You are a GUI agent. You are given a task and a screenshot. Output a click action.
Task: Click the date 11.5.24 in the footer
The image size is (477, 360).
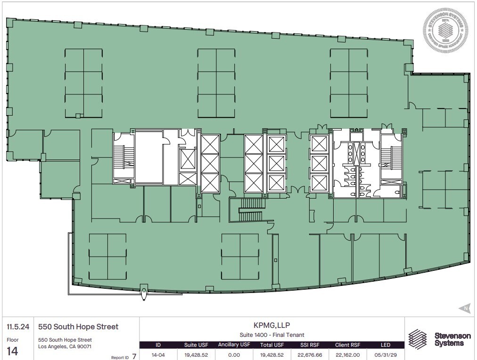pyautogui.click(x=16, y=327)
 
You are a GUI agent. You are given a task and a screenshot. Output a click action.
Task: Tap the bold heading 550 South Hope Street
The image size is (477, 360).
pyautogui.click(x=78, y=327)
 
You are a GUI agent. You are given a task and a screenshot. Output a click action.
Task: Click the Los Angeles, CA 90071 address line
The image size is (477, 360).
pyautogui.click(x=65, y=346)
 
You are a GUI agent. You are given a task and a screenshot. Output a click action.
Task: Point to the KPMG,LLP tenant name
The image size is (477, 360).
pyautogui.click(x=272, y=325)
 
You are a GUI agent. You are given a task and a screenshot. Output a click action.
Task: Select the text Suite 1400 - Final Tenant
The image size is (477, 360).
pyautogui.click(x=272, y=335)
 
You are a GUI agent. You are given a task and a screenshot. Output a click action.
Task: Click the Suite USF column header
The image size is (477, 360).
pyautogui.click(x=197, y=345)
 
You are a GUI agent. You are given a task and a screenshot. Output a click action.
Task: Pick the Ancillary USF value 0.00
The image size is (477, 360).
pyautogui.click(x=234, y=355)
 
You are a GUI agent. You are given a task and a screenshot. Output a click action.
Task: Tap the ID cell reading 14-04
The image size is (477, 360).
pyautogui.click(x=158, y=355)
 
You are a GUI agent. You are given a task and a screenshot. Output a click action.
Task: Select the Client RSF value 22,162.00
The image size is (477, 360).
pyautogui.click(x=347, y=355)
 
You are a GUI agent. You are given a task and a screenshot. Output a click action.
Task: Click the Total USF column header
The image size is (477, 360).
pyautogui.click(x=272, y=345)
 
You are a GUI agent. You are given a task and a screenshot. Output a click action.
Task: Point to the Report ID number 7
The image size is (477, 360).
pyautogui.click(x=134, y=356)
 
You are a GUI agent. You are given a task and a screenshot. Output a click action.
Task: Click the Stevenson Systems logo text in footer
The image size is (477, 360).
pyautogui.click(x=452, y=339)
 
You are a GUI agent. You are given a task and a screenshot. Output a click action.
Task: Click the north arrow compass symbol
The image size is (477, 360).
pyautogui.click(x=464, y=309)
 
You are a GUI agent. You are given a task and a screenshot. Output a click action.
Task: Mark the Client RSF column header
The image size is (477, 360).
pyautogui.click(x=347, y=345)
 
